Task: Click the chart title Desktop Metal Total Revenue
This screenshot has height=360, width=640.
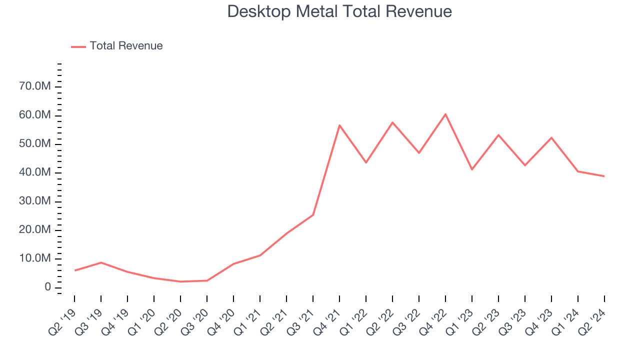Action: click(339, 11)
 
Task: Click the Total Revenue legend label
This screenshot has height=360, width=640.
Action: click(126, 46)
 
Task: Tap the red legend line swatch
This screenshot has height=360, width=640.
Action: click(78, 46)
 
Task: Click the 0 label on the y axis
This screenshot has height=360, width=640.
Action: click(47, 287)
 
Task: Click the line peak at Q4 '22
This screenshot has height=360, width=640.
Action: click(445, 114)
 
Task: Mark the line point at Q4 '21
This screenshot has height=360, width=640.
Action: click(339, 125)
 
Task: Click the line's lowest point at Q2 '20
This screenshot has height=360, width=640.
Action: click(180, 281)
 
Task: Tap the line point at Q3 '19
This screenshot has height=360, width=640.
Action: click(101, 262)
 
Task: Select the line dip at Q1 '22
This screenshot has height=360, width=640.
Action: click(366, 162)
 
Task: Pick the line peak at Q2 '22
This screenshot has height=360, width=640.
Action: click(392, 122)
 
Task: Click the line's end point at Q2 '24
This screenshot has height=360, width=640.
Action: click(604, 176)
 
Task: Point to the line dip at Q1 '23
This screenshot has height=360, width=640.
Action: click(471, 169)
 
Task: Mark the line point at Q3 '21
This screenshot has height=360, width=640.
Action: click(313, 215)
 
